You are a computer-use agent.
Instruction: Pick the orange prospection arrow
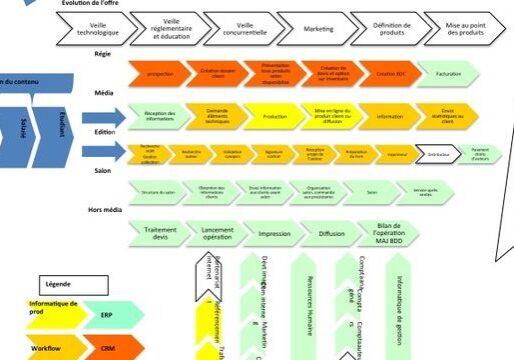click(x=160, y=74)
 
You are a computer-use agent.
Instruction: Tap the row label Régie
click(x=103, y=52)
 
